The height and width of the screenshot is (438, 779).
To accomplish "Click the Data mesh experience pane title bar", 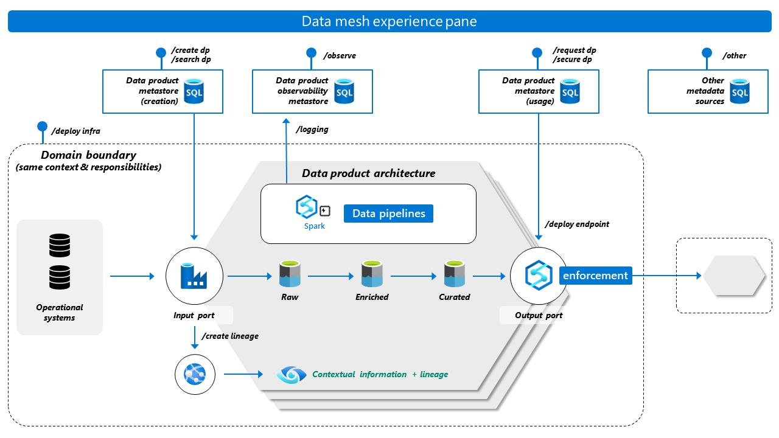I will [x=389, y=22].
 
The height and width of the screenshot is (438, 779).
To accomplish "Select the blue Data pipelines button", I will [x=388, y=214].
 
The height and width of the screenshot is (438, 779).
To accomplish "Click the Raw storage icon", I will [x=290, y=274].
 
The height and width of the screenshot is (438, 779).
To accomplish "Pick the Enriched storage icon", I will [x=372, y=274].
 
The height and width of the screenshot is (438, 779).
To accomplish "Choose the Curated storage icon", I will [x=454, y=274].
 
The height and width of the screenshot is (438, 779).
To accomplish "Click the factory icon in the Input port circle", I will [x=194, y=276].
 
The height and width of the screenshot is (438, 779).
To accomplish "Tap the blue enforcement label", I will [x=595, y=276].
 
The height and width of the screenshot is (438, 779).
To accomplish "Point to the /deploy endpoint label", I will [x=578, y=224].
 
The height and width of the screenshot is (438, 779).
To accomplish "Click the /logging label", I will [x=312, y=129].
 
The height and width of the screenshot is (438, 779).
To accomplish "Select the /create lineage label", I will [x=229, y=336].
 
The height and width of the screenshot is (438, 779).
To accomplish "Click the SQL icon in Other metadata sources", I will [x=739, y=91].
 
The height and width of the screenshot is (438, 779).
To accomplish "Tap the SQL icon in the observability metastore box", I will [x=344, y=91].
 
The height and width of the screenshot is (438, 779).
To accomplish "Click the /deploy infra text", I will [x=76, y=130].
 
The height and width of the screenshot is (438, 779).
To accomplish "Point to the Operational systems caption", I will [x=60, y=313].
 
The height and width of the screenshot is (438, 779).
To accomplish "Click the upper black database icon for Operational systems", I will [x=60, y=246].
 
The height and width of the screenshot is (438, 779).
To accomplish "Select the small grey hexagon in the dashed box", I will [x=734, y=276].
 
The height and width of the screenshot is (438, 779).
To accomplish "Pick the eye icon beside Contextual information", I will [x=291, y=374].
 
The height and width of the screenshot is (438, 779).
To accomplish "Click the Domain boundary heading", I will [x=89, y=155].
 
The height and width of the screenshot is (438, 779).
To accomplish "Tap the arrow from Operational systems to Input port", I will [x=132, y=276].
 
